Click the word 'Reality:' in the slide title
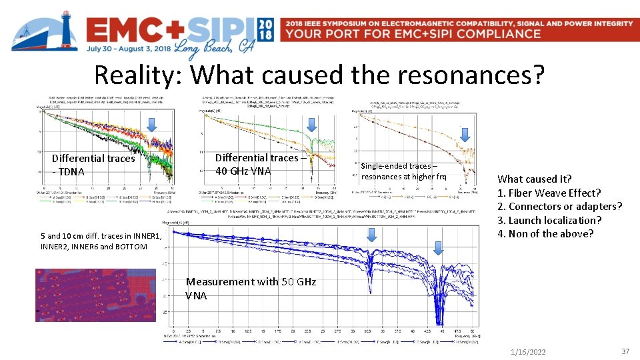click(138, 75)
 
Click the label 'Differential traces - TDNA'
click(93, 165)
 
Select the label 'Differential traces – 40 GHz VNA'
click(261, 164)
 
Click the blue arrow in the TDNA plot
click(151, 124)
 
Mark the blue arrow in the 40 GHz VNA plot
click(311, 124)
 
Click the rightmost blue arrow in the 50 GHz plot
click(438, 248)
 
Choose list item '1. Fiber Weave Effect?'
click(549, 193)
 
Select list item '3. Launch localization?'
click(549, 220)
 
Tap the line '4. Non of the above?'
click(545, 233)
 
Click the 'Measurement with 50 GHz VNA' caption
click(251, 288)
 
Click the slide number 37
click(625, 351)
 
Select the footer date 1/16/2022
click(527, 351)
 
